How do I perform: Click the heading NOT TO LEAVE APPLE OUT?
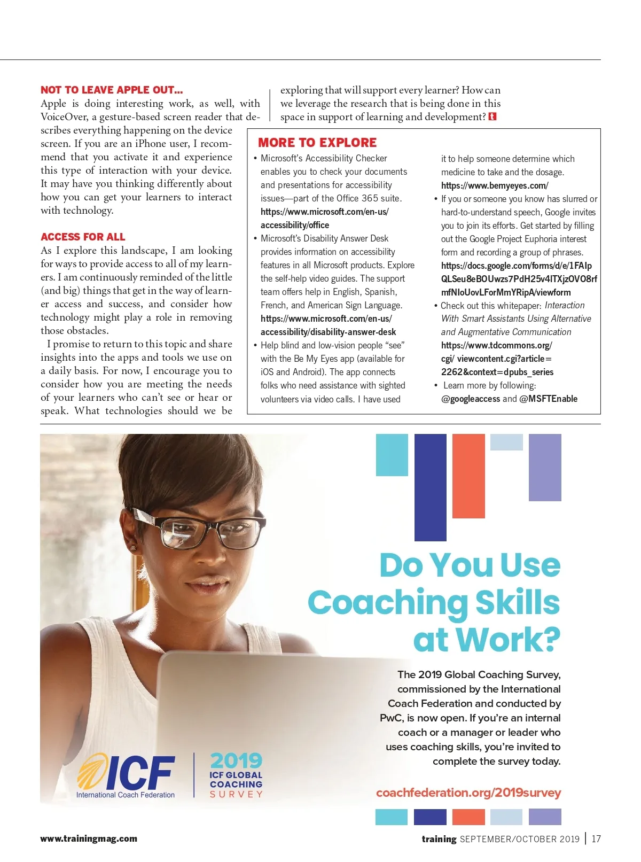tap(112, 90)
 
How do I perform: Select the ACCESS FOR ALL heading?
tap(83, 237)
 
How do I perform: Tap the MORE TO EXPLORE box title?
tap(317, 143)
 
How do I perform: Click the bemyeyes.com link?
tap(494, 185)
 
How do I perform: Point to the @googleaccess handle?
tap(471, 399)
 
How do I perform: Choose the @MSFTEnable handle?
tap(548, 399)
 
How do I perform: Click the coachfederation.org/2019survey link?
tap(468, 793)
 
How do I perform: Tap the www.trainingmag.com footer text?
tap(89, 838)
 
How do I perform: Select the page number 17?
tap(596, 839)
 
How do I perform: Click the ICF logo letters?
tap(140, 773)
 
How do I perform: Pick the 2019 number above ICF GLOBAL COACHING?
tap(236, 760)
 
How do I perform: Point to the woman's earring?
tap(132, 548)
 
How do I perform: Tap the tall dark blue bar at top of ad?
tap(430, 486)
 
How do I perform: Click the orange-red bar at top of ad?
tap(468, 476)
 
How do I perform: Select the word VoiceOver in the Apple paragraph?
tap(64, 117)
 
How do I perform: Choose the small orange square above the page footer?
tap(468, 817)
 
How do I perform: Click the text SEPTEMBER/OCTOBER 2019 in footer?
tap(519, 839)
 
